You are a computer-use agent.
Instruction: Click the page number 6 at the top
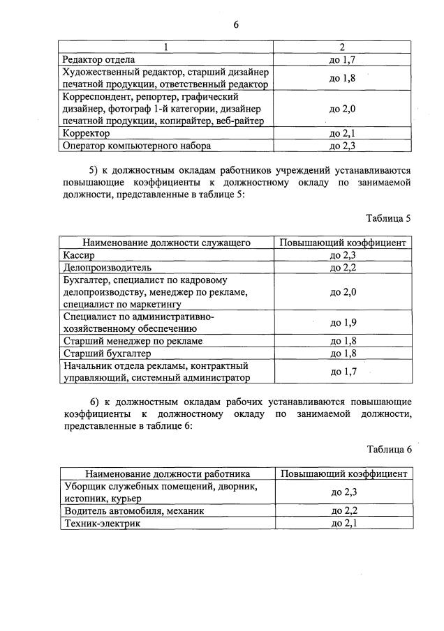click(x=236, y=24)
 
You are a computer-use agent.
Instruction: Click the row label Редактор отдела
click(x=98, y=60)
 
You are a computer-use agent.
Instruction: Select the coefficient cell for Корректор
click(x=342, y=133)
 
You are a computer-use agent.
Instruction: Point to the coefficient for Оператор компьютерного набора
click(x=342, y=146)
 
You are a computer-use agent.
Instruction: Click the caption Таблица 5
click(x=388, y=218)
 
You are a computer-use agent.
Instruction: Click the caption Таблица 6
click(x=388, y=450)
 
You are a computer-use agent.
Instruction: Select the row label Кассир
click(x=78, y=255)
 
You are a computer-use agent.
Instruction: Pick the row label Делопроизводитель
click(x=107, y=267)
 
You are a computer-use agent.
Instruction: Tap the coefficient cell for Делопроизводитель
click(x=342, y=267)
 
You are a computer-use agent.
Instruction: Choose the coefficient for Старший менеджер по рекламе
click(x=342, y=341)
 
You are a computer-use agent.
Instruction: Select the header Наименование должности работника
click(x=168, y=474)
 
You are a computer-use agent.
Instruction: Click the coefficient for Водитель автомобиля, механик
click(x=342, y=510)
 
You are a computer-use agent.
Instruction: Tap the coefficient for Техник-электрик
click(x=342, y=523)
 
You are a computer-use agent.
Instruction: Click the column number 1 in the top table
click(x=166, y=47)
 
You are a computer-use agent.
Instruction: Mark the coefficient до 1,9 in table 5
click(x=342, y=322)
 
